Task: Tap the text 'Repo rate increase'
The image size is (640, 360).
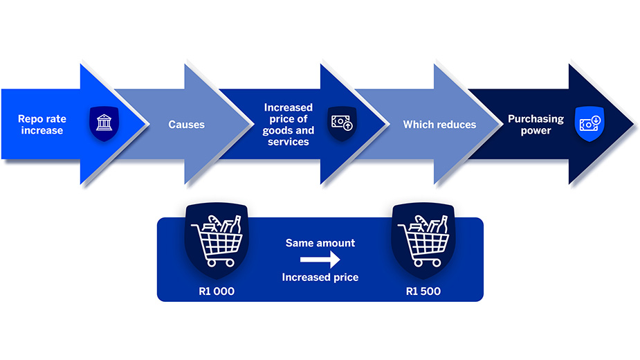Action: (x=42, y=125)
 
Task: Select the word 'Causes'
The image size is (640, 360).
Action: (x=186, y=125)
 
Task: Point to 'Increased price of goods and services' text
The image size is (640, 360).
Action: (x=289, y=125)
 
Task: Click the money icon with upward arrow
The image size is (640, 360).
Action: (x=342, y=123)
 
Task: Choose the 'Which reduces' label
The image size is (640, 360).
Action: (x=439, y=125)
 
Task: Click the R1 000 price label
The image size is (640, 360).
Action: (x=217, y=291)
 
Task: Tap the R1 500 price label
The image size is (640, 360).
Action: (x=423, y=291)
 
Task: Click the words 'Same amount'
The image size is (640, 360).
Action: (x=320, y=243)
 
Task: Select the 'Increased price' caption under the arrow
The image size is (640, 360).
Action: (x=320, y=278)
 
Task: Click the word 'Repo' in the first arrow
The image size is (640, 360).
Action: (x=30, y=119)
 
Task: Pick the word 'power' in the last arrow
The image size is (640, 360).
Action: (x=536, y=130)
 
